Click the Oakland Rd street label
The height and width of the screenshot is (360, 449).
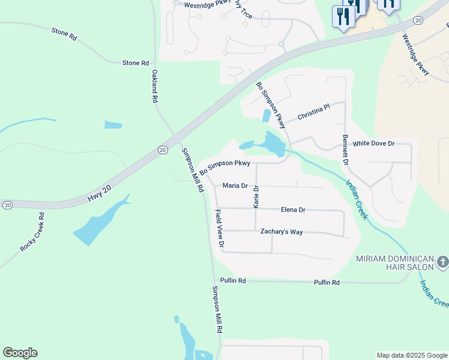coord(154,86)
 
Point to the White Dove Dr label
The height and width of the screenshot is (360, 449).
coord(373,144)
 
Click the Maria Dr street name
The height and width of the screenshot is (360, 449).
coord(235,186)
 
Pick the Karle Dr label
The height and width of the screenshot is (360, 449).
coord(256,197)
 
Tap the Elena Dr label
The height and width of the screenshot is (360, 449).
coord(293,210)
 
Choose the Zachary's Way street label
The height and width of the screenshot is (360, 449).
coord(281,232)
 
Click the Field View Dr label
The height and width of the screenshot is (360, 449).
coord(220,229)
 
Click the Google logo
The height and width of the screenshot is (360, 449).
coord(20,353)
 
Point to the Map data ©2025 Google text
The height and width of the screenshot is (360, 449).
coord(411,355)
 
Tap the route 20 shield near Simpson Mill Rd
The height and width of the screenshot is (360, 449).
coord(163,149)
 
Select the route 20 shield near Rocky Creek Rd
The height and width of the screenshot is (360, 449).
coord(7,205)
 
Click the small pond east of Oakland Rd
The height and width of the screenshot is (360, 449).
coord(113,125)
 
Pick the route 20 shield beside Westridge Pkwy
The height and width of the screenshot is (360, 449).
coord(418,20)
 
